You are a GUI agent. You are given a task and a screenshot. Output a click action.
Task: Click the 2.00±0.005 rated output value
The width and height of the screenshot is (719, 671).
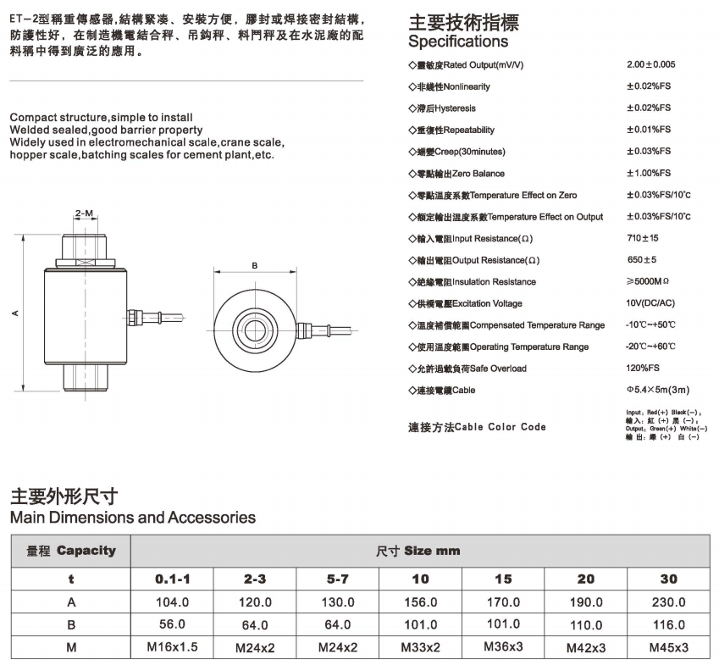coord(650,64)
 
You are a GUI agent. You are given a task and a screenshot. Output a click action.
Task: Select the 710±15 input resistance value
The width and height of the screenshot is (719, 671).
coord(642,239)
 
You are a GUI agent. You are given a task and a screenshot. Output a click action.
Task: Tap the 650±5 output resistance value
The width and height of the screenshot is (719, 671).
coord(641,260)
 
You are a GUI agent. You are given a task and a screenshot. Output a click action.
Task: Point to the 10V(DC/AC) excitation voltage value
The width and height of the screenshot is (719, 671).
coord(650,303)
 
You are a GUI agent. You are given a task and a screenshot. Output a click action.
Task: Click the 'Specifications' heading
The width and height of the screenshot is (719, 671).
coord(458,42)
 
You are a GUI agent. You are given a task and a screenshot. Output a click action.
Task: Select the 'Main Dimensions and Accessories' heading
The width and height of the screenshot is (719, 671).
coord(132,517)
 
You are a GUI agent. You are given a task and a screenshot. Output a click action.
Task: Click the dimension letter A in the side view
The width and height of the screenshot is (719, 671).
coord(14,313)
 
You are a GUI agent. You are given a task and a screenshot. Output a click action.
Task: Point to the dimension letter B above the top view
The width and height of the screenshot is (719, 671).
coord(255,265)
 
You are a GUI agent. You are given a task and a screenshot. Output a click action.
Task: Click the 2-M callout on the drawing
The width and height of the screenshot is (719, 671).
coord(84,213)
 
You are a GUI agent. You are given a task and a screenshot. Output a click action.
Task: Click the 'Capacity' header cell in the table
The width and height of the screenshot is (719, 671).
coord(71,551)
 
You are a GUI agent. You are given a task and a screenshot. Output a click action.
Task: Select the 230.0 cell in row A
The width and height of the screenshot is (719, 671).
coord(668,602)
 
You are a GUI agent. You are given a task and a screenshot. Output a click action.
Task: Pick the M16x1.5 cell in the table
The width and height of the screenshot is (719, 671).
coord(173,648)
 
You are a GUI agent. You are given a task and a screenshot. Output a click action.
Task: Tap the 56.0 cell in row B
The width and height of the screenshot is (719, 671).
coord(173,624)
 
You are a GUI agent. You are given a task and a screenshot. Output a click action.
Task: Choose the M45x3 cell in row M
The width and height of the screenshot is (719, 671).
coord(668,648)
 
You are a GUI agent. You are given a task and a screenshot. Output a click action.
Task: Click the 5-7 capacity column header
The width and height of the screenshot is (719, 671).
coord(338,579)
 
